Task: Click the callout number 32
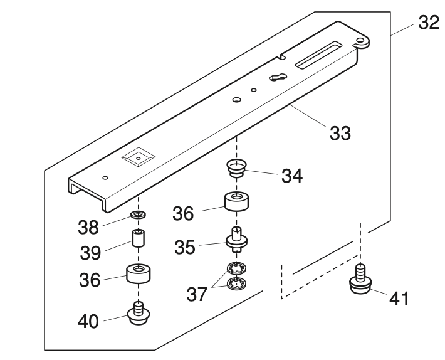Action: click(x=429, y=23)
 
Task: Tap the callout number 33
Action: click(x=341, y=133)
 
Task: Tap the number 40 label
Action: click(x=88, y=321)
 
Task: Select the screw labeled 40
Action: click(x=139, y=312)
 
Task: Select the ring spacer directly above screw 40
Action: click(x=139, y=274)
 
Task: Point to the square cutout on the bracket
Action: click(x=139, y=157)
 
